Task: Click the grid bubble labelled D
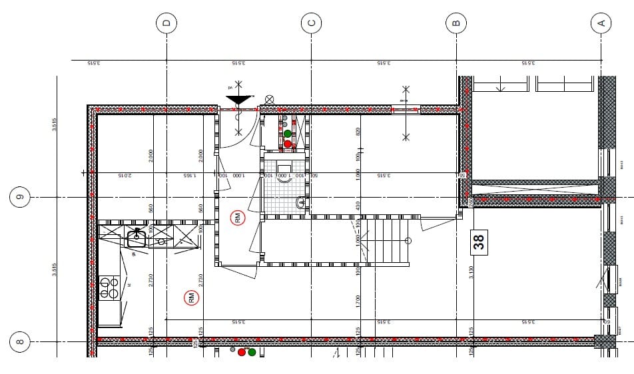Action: point(166,23)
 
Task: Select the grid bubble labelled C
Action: point(311,23)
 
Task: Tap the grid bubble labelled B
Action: point(456,23)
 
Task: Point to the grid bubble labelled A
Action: point(601,23)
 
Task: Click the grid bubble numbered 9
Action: point(19,197)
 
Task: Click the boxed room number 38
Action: point(479,242)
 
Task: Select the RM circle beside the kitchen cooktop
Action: point(192,298)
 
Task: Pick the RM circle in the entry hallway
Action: point(238,217)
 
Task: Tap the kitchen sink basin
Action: point(137,234)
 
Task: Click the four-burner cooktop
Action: point(109,288)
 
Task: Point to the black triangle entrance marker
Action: point(240,100)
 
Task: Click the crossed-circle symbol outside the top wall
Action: point(269,99)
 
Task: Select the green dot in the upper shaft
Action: point(288,134)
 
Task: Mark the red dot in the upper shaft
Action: point(288,144)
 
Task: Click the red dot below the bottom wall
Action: point(242,352)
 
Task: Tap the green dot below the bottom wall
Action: point(252,352)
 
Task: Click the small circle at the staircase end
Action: point(408,241)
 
